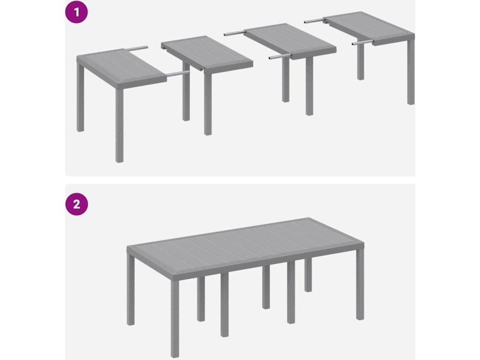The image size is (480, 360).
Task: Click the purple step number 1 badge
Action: (76, 12)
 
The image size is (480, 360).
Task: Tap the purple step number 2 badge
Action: (76, 204)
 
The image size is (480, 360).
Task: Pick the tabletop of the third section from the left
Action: (289, 41)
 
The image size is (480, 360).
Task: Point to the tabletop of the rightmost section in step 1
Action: (369, 28)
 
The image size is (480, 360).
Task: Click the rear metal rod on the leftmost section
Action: (136, 48)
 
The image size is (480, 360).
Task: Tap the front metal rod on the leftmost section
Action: (178, 74)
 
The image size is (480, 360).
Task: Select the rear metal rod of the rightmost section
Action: (315, 21)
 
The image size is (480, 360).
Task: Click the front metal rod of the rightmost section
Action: (362, 42)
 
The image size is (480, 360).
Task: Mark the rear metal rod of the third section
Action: (234, 32)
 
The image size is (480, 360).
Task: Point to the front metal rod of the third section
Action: (280, 57)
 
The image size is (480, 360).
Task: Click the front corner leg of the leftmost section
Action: (120, 126)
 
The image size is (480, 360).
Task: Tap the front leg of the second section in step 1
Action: (208, 104)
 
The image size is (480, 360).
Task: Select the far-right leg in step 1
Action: (411, 72)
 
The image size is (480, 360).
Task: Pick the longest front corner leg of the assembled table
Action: (175, 315)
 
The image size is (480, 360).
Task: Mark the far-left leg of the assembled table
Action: (131, 289)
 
